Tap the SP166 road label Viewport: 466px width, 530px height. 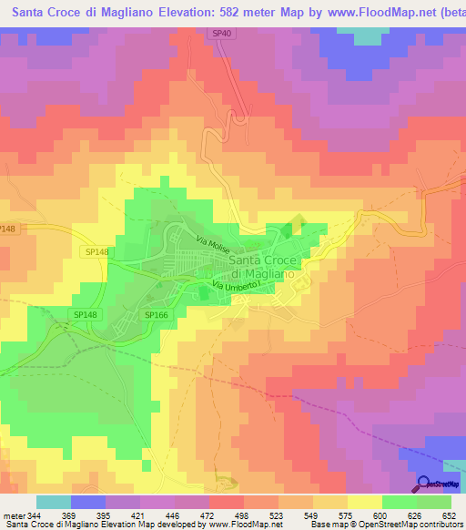pyautogui.click(x=157, y=315)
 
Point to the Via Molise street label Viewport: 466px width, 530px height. pyautogui.click(x=218, y=243)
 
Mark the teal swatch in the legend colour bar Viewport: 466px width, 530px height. pyautogui.click(x=53, y=502)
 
